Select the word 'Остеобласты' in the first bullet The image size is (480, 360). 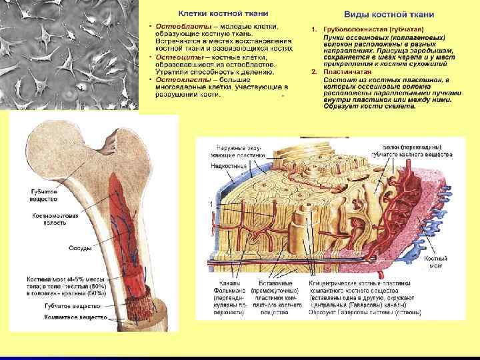point(178,26)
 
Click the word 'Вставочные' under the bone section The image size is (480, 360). point(265,283)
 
